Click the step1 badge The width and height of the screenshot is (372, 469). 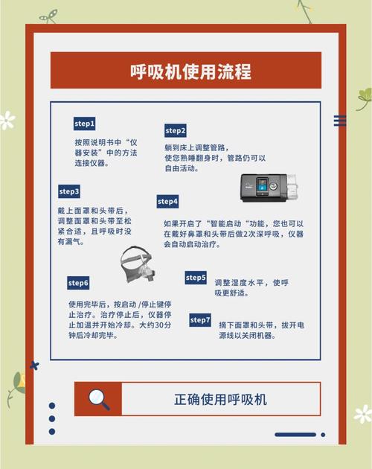84,123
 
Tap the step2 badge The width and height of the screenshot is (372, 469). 176,130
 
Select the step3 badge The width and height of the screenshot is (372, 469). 69,191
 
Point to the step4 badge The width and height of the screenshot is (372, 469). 167,201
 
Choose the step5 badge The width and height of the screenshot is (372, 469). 196,278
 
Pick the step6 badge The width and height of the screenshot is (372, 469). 78,283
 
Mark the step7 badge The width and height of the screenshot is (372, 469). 200,319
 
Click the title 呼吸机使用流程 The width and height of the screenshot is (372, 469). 185,71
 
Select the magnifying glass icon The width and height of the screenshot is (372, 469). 98,399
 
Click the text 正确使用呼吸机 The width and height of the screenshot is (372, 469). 220,399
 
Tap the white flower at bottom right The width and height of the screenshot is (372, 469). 362,414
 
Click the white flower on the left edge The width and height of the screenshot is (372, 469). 7,120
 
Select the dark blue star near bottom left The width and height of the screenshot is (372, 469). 33,366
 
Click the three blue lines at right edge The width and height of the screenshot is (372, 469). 340,121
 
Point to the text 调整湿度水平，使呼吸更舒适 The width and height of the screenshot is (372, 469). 251,287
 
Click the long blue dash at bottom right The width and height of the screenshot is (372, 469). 295,435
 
